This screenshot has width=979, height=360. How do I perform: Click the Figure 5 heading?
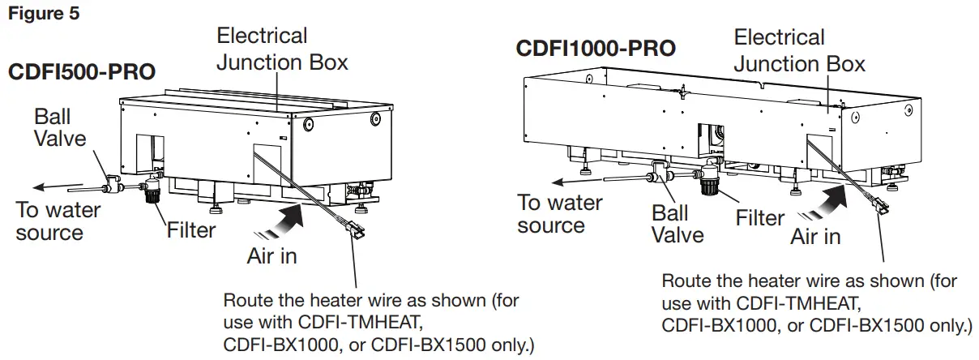44,15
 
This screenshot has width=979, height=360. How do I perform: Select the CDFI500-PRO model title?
82,71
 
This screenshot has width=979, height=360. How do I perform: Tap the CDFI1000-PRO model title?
596,49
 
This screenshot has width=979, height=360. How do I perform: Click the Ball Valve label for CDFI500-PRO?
60,128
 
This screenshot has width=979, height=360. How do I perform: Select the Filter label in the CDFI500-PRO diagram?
191,229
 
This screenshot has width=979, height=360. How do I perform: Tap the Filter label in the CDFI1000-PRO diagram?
759,217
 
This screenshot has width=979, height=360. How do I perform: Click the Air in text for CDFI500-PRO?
271,256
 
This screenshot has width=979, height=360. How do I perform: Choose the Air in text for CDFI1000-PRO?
815,237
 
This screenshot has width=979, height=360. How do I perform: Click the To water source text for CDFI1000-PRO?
559,213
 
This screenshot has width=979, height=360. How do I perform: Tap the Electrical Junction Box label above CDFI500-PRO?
282,48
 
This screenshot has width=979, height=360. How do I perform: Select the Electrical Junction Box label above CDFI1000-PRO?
799,50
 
